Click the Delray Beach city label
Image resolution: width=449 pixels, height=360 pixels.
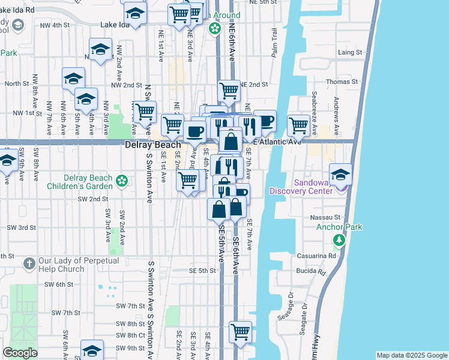153,145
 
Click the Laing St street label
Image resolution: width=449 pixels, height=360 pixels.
350,53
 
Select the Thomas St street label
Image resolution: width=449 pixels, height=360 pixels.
342,82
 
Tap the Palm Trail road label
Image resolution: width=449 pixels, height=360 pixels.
274,43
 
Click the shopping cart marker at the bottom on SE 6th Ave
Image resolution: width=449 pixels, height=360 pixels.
241,331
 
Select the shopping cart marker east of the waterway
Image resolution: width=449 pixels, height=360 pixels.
298,125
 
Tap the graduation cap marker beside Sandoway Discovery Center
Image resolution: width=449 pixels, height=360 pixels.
340,174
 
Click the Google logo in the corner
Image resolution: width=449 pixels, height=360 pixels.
20,353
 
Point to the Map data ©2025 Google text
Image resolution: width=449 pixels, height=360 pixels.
412,355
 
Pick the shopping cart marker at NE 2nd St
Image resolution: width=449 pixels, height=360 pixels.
229,91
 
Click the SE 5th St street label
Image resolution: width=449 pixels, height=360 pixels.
202,271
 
